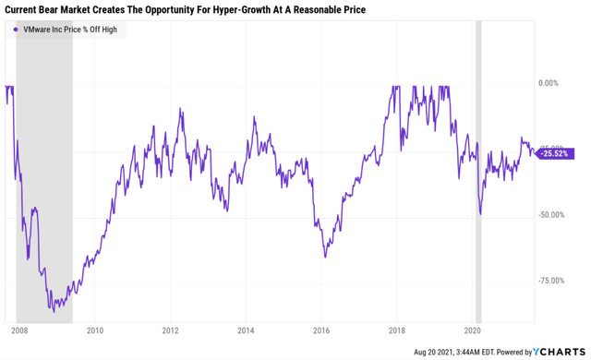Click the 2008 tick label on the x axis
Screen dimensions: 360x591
point(18,330)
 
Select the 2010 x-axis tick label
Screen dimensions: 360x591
point(94,330)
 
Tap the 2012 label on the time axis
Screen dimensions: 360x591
point(170,330)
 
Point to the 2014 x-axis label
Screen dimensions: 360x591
point(246,330)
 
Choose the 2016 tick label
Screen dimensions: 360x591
point(321,330)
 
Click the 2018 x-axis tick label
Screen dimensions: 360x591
point(397,330)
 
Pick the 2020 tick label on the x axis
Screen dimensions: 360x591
point(473,330)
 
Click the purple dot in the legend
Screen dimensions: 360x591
point(16,30)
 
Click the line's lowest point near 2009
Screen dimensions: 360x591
point(54,312)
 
